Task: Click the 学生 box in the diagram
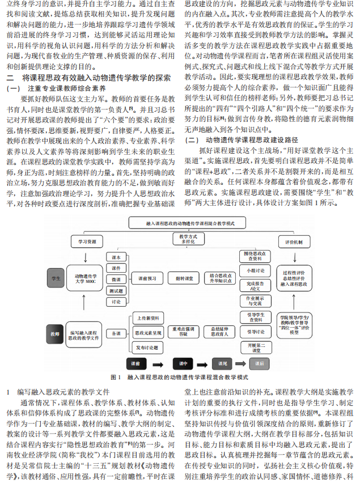tap(56, 279)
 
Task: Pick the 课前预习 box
tap(150, 279)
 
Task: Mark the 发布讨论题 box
tap(148, 346)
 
